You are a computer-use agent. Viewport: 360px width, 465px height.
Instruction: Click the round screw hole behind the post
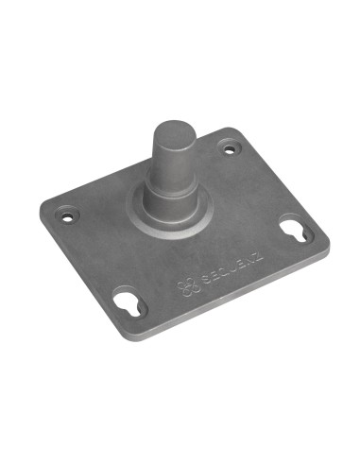coord(228,147)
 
